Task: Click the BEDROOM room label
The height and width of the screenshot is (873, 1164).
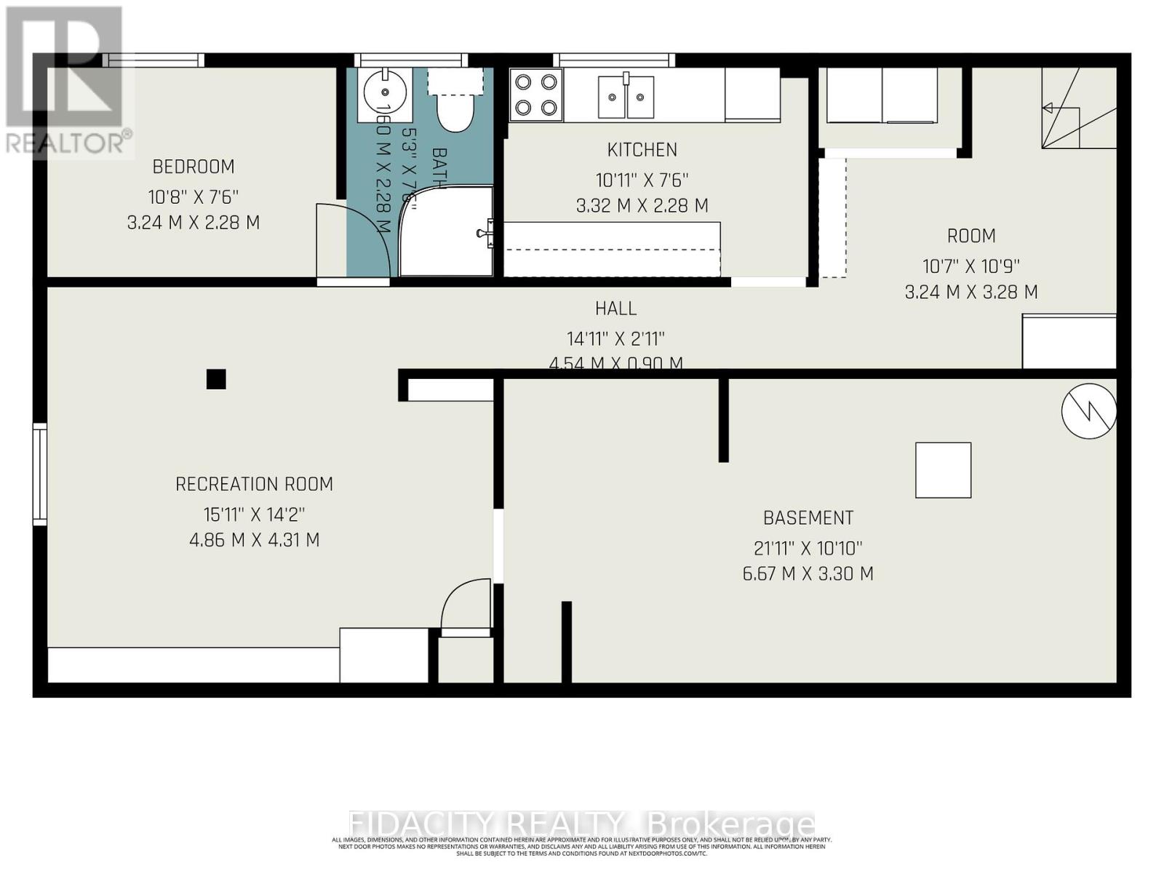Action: tap(193, 167)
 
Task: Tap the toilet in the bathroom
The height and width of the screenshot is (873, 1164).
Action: tap(455, 109)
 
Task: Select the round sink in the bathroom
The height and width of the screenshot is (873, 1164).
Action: tap(384, 93)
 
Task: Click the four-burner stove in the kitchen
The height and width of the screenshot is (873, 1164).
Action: tap(536, 95)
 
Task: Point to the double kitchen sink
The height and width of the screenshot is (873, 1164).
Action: tap(626, 96)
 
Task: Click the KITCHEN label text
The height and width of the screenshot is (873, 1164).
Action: tap(642, 150)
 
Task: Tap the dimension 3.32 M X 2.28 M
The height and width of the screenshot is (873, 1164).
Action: tap(642, 206)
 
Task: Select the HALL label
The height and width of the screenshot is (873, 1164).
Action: tap(615, 308)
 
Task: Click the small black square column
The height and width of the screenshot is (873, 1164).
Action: tap(216, 379)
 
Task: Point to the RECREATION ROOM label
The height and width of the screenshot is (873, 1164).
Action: tap(254, 485)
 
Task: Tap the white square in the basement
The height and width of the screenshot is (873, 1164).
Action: tap(943, 470)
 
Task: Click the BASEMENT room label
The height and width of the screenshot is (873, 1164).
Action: tap(808, 518)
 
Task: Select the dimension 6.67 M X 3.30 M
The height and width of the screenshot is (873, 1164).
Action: tap(808, 574)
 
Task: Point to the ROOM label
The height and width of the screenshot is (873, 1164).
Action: tap(970, 236)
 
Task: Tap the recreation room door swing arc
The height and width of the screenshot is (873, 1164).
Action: tap(466, 600)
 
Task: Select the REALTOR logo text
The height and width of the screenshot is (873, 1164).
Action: tap(69, 143)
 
